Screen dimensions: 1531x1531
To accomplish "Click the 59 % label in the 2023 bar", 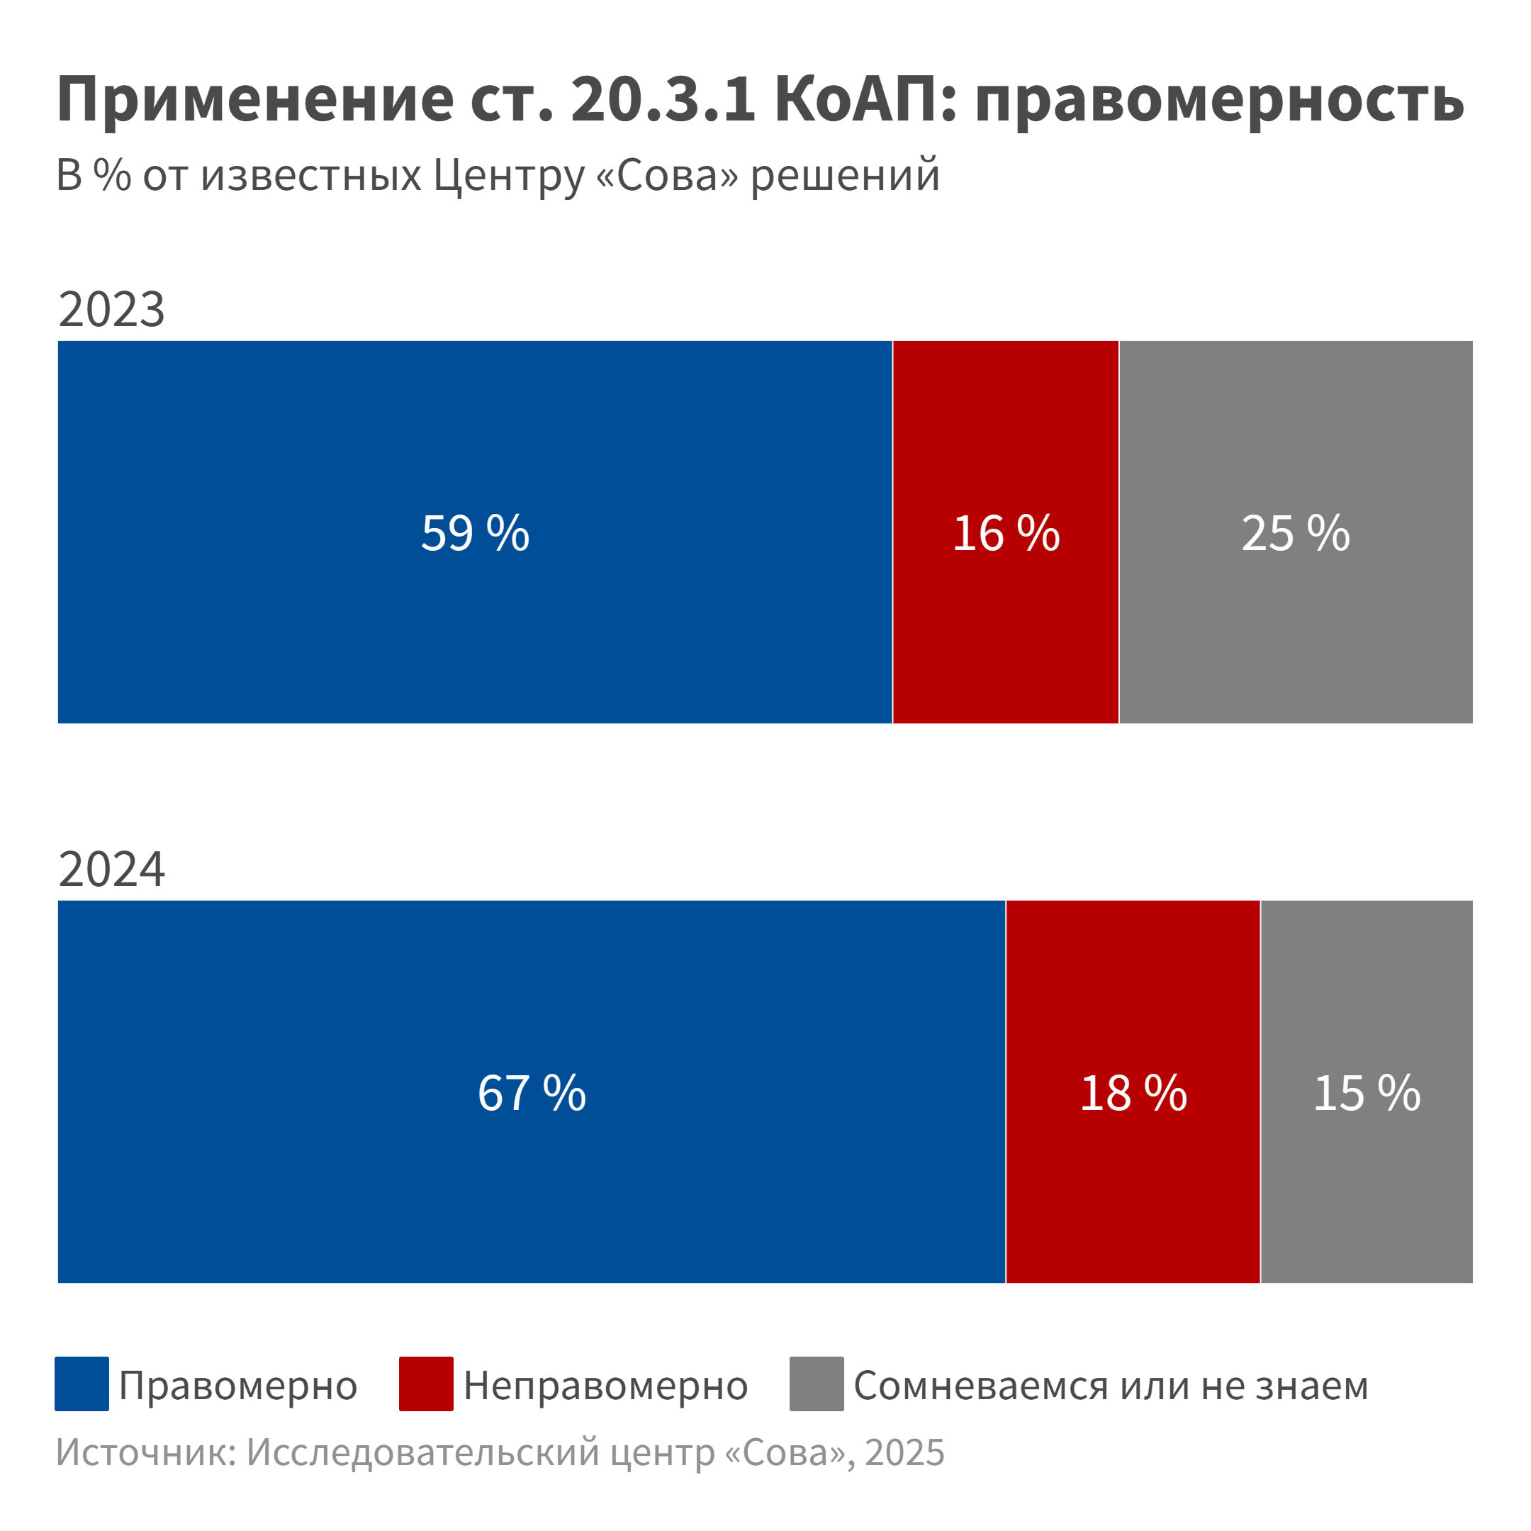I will [x=475, y=532].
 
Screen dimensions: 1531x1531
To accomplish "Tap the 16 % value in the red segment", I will [x=1006, y=532].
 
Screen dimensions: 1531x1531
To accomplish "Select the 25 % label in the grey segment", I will [x=1295, y=532].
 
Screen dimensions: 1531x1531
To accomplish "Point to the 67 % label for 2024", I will [x=532, y=1093].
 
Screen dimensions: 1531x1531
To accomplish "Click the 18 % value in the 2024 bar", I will [x=1133, y=1093].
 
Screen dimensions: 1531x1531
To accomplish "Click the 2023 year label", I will [x=112, y=309].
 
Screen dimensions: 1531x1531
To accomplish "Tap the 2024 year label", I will [x=112, y=869].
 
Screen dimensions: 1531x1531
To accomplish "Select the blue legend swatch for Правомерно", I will [x=82, y=1384].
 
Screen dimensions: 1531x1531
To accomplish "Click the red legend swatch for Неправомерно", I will [x=426, y=1384].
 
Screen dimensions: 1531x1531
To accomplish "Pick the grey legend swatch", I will [x=817, y=1384].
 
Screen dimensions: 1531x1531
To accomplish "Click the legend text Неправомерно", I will [x=605, y=1385].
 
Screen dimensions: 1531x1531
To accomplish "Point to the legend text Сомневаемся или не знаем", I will [x=1111, y=1385].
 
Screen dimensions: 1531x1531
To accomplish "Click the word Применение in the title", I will [x=255, y=99].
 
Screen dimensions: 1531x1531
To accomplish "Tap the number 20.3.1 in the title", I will [x=663, y=99].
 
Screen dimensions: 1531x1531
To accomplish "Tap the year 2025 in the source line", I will [x=905, y=1452].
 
